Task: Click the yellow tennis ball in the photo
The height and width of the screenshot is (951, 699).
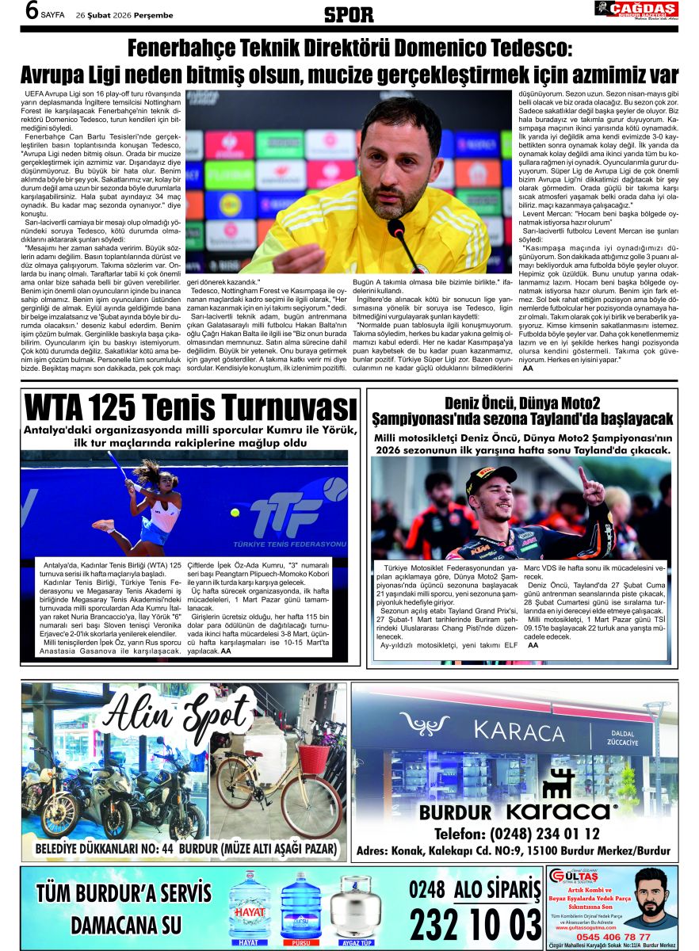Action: [x=235, y=513]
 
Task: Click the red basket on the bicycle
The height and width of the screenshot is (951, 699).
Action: [x=315, y=759]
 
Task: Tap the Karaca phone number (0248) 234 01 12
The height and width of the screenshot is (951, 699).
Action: [x=517, y=834]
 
